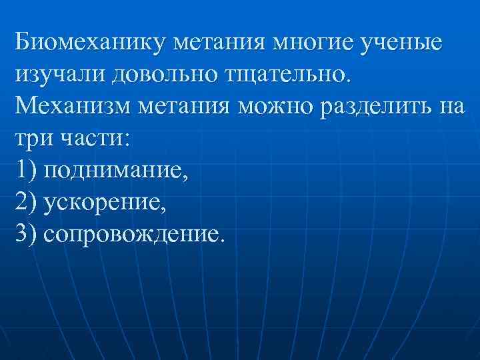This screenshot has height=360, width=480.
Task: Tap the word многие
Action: (x=315, y=43)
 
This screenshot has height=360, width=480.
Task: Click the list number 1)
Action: (x=26, y=171)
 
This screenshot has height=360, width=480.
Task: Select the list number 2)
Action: (x=26, y=203)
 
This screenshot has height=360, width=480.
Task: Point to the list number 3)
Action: (x=26, y=235)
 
